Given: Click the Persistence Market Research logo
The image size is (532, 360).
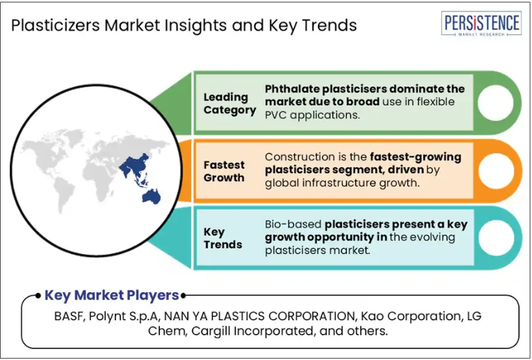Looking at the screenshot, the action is point(481,23).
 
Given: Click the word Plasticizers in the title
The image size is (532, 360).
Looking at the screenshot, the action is point(55,25).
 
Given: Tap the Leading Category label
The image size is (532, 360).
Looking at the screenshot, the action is point(230,103).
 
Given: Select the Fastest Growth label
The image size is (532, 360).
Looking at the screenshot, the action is point(224,171).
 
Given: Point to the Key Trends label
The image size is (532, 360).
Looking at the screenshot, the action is point(222,238).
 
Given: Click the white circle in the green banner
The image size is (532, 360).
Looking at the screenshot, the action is point(495,103).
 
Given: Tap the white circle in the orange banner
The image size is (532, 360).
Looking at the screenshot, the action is point(496,171).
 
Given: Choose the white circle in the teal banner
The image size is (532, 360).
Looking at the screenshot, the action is point(496,237).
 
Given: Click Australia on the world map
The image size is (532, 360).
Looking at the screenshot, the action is point(151,196).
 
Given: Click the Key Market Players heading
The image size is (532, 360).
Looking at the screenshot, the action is point(111,296).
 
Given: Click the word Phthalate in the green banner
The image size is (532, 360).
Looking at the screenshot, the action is point(292,89).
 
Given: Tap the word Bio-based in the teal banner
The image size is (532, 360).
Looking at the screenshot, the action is point(293,224).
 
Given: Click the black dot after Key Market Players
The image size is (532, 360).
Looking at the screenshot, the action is point(183,296).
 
